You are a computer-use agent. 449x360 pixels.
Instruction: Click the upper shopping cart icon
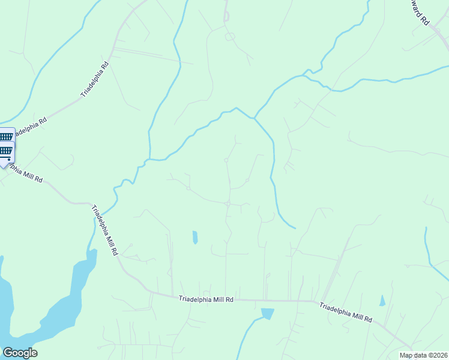(5, 137)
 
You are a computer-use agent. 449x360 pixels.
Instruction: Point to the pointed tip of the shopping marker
(4, 168)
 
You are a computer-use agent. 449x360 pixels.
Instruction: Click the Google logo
(20, 353)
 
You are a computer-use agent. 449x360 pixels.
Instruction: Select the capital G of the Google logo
(8, 353)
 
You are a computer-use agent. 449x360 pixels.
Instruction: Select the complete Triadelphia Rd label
(95, 79)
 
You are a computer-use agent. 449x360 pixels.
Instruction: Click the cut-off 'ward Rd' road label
(420, 12)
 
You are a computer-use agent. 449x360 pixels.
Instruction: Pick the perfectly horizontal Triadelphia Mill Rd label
(206, 299)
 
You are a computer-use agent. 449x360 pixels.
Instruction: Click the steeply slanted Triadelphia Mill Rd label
(103, 231)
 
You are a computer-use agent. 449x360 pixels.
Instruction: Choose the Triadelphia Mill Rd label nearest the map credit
(345, 313)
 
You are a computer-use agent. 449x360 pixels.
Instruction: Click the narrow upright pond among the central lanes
(195, 237)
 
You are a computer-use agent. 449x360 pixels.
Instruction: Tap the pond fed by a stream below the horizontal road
(267, 313)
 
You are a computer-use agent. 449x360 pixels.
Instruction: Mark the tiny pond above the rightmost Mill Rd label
(382, 301)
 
